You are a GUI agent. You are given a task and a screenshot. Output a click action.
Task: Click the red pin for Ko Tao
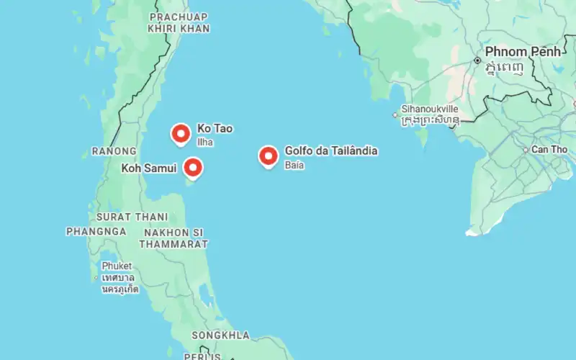(x=180, y=133)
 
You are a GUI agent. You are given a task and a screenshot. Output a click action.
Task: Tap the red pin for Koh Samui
(x=192, y=168)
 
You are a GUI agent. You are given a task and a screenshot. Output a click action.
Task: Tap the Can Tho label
(x=549, y=150)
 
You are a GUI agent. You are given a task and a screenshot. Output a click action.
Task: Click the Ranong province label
(x=114, y=151)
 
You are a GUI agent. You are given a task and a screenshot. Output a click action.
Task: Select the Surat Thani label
(x=132, y=216)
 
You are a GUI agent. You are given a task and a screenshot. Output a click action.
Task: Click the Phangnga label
(x=96, y=231)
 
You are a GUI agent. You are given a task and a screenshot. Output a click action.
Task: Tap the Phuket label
(x=117, y=266)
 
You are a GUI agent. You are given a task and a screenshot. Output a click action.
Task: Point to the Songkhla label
(x=220, y=336)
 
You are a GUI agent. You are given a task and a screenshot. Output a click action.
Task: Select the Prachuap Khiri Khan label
(x=179, y=22)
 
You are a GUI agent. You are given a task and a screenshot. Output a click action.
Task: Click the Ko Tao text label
(x=215, y=129)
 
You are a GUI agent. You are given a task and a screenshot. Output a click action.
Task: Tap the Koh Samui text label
(x=149, y=168)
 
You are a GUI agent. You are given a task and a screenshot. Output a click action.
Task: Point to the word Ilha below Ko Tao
(x=206, y=142)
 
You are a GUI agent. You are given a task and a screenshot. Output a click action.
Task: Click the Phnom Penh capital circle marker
(x=477, y=60)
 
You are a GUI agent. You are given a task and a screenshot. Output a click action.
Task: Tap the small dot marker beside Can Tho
(x=526, y=150)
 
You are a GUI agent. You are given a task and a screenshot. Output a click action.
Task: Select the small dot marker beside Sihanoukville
(x=395, y=114)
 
